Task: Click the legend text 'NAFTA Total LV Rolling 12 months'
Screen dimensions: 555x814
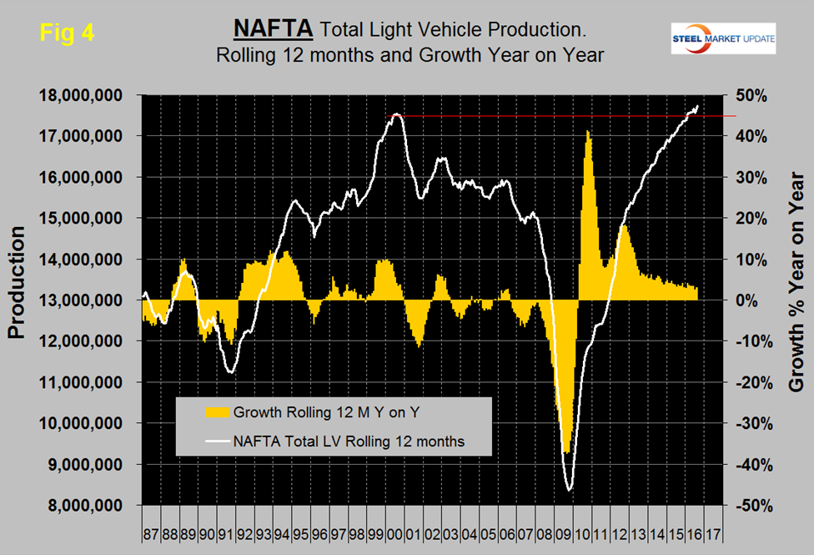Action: (x=349, y=440)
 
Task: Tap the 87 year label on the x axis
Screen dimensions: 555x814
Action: (x=151, y=532)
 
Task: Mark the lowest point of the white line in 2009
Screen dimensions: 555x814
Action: (x=570, y=490)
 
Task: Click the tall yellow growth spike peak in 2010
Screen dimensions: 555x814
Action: (x=588, y=131)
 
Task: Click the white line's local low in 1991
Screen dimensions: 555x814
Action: (x=231, y=372)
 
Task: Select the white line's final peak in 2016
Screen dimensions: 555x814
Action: (x=697, y=106)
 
